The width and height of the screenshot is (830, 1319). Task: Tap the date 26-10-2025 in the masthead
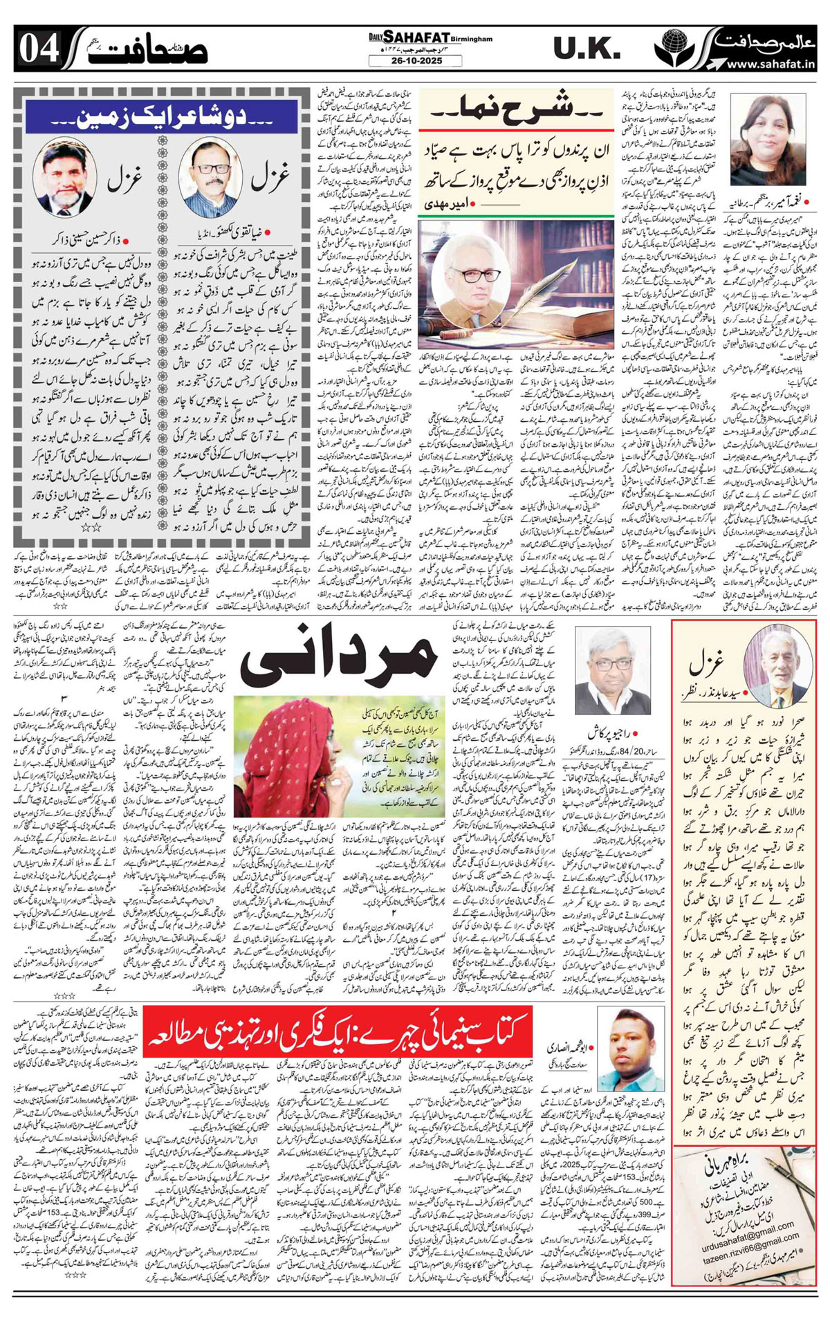pos(415,61)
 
